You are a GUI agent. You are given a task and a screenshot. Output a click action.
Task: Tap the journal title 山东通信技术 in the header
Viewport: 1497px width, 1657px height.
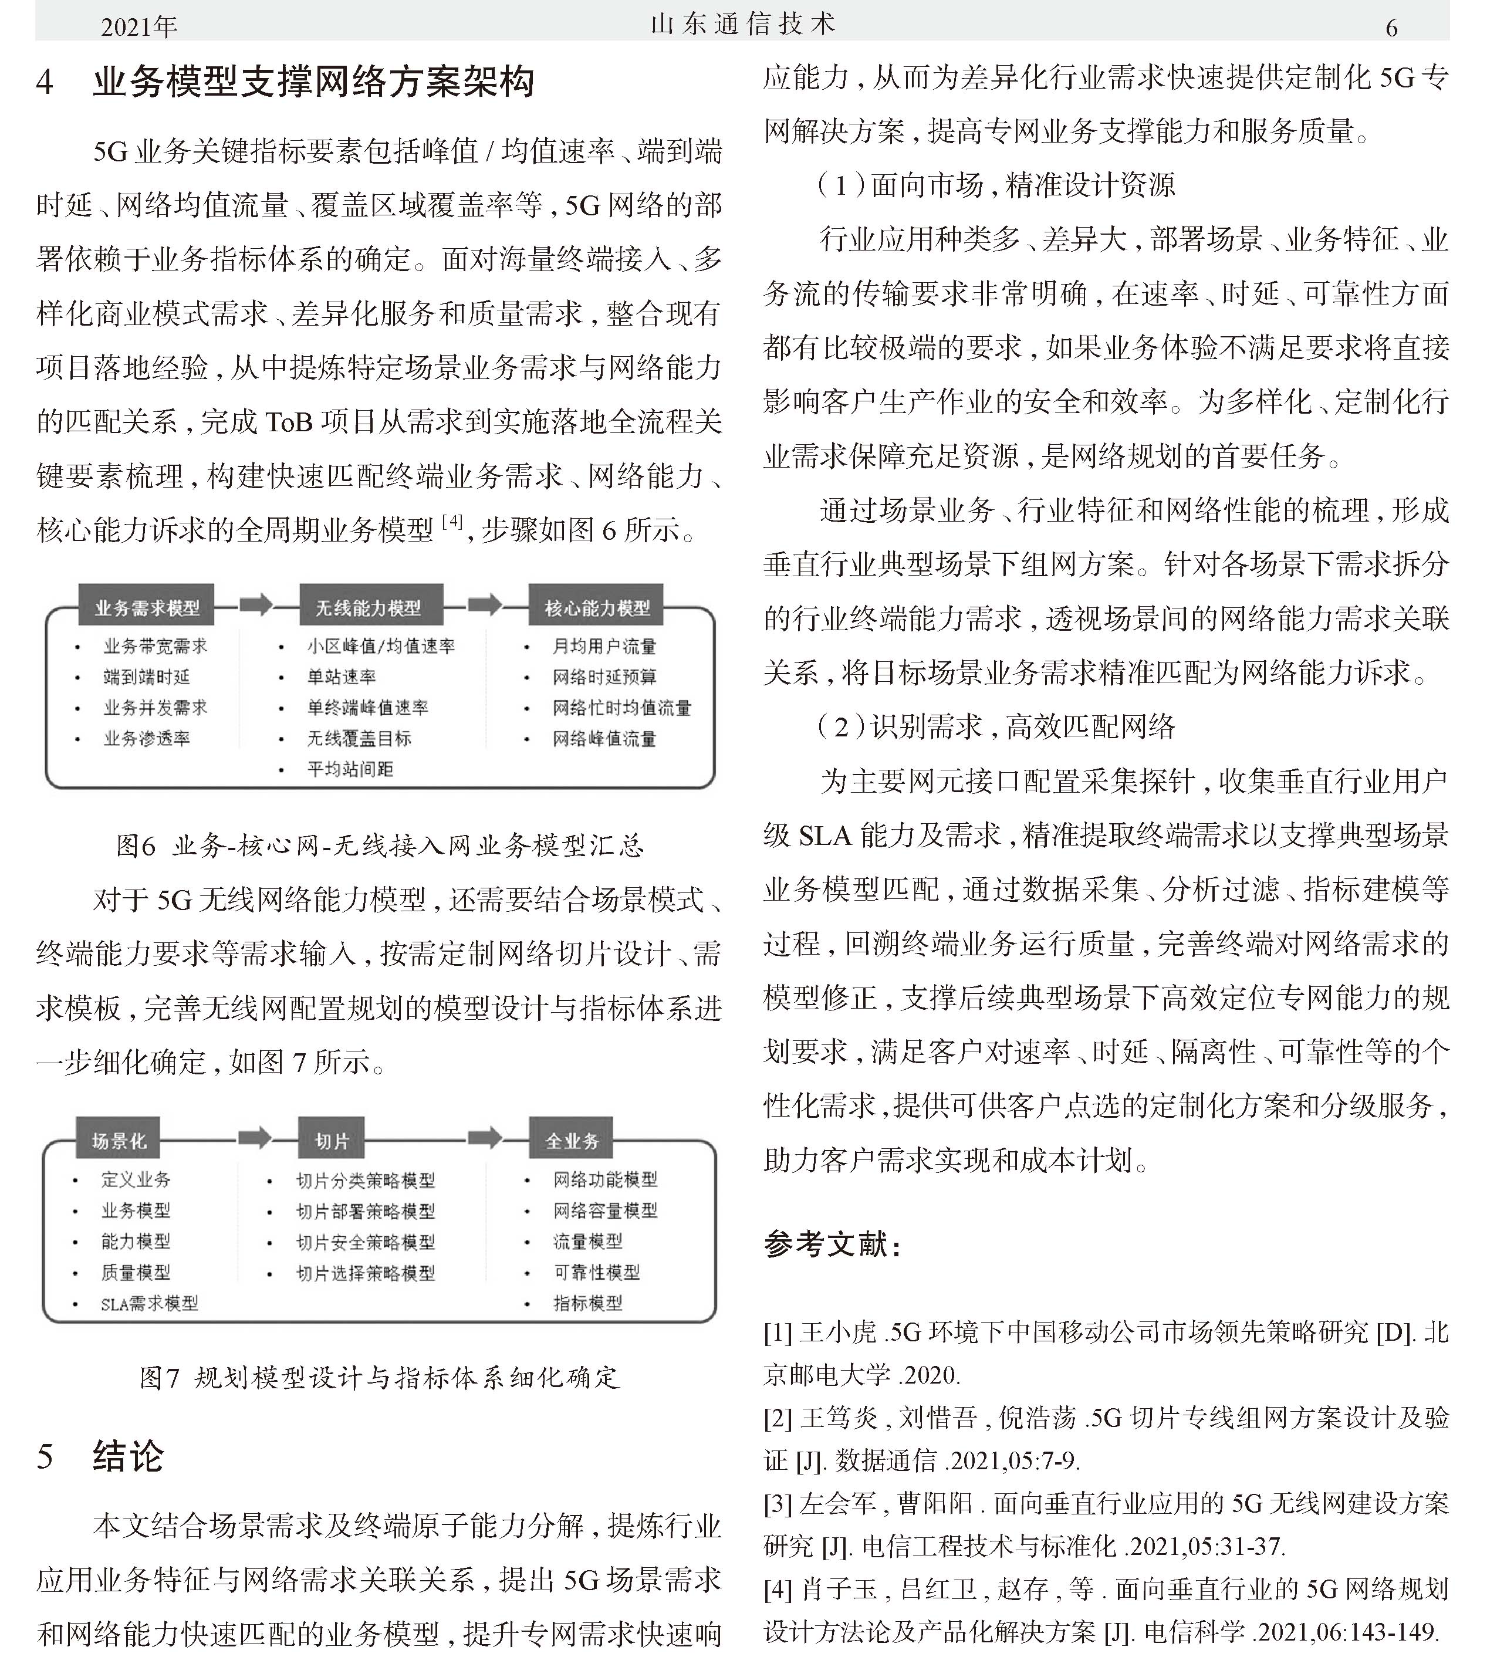click(742, 25)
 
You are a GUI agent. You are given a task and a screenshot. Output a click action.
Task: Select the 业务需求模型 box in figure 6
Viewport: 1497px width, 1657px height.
click(146, 607)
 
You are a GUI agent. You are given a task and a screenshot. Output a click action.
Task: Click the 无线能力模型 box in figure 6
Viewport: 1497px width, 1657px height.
click(370, 607)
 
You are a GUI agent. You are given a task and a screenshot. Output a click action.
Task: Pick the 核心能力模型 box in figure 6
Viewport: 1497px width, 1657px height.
click(597, 607)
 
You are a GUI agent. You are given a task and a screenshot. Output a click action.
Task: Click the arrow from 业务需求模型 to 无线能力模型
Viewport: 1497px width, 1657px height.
click(256, 605)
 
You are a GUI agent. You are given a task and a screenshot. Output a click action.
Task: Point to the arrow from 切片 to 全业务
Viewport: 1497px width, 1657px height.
click(485, 1138)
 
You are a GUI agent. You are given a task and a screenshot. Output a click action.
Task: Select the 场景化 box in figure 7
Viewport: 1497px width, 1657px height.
click(119, 1140)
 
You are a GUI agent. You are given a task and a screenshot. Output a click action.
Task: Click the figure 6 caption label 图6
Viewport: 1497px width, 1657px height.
click(135, 846)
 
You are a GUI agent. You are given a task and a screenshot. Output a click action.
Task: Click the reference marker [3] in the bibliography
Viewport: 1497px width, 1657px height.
click(777, 1504)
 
